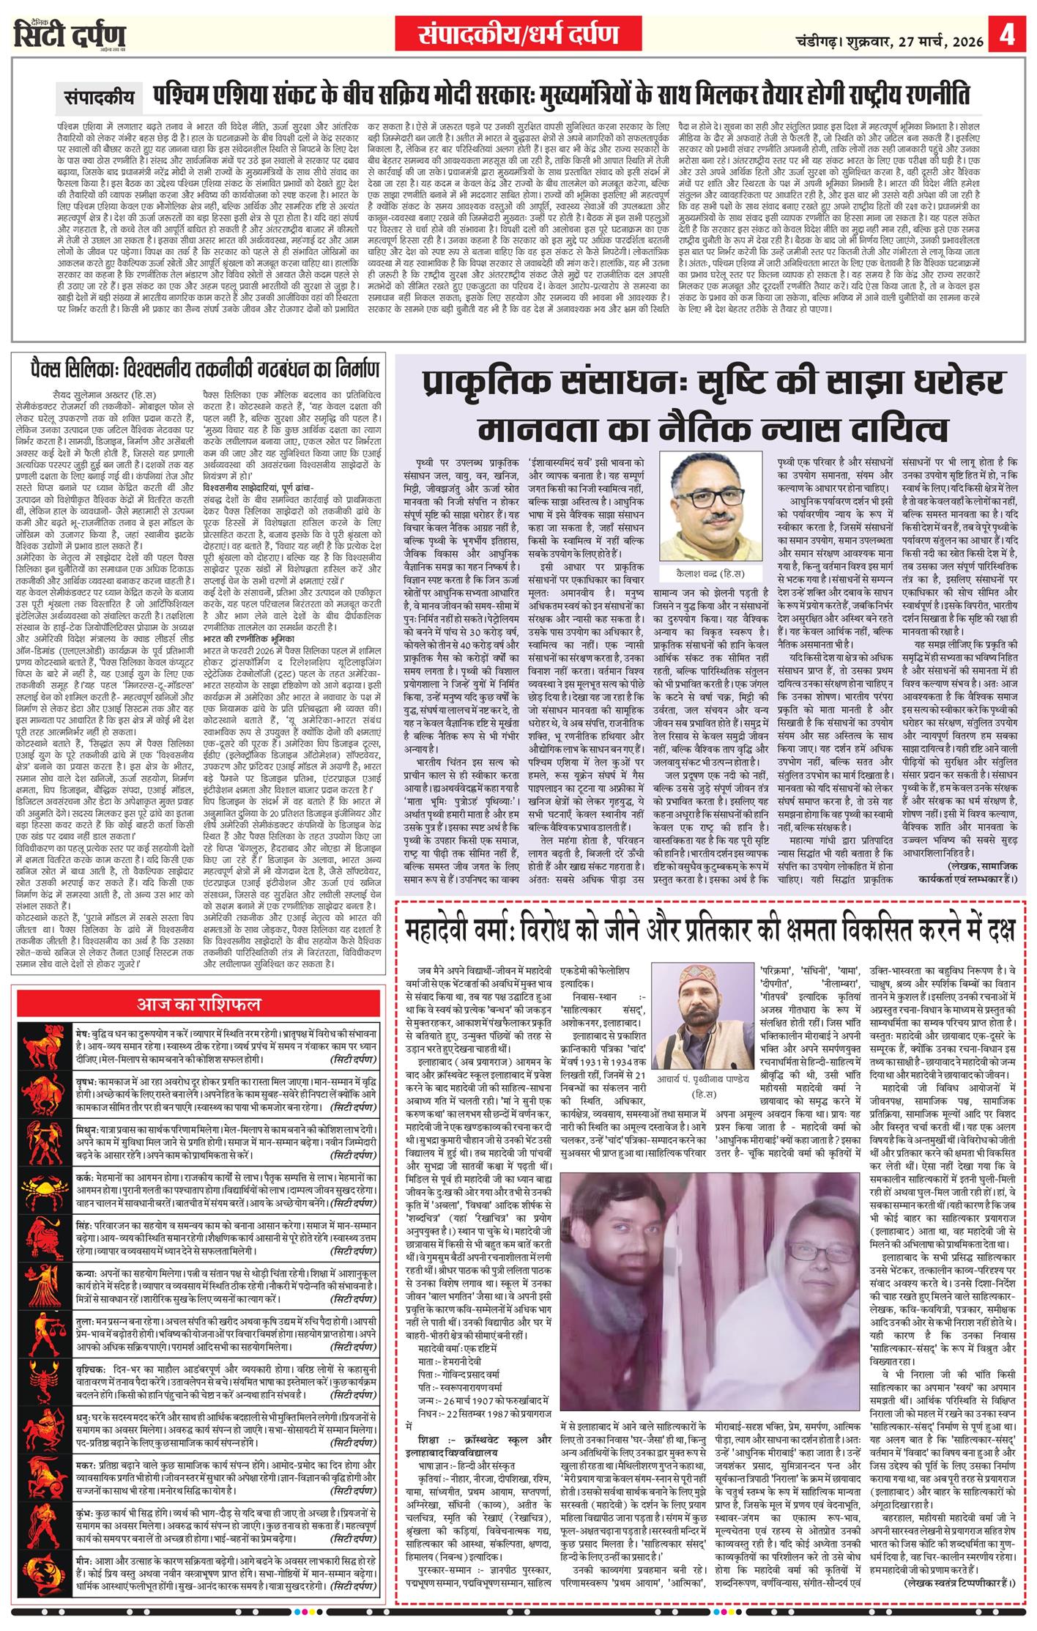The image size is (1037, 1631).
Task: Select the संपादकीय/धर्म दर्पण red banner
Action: (518, 34)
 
